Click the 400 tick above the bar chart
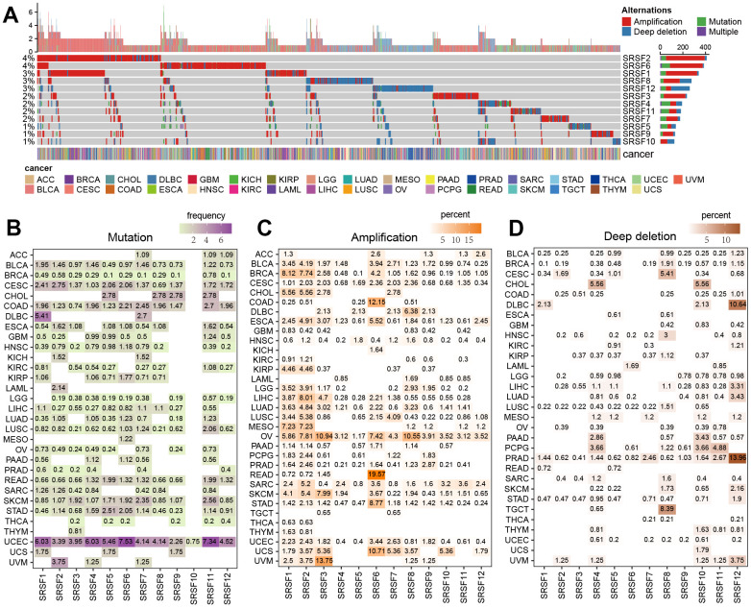pos(706,46)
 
